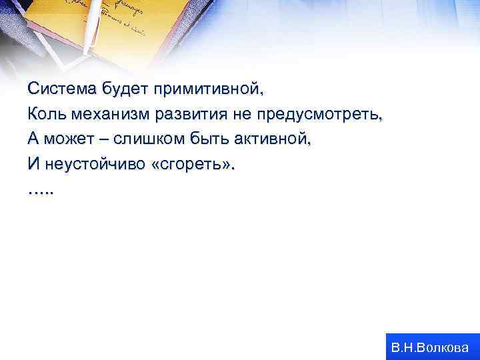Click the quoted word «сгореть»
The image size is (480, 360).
193,165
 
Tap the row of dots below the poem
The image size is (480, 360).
43,191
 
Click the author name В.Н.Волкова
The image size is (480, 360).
430,347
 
